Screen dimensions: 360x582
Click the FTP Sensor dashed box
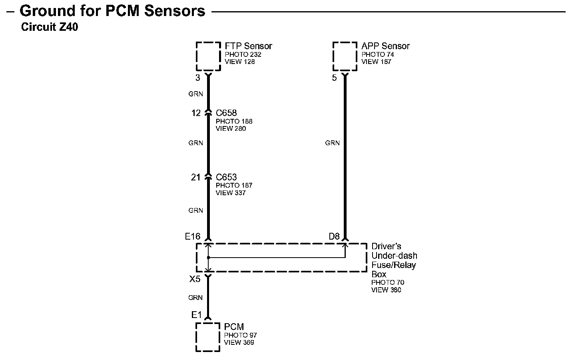208,56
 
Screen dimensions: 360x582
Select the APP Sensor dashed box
345,56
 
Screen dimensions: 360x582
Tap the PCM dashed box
208,337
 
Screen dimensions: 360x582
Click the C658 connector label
226,113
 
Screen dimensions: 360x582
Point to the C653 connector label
226,177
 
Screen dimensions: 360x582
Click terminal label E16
192,237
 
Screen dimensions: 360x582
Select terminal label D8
334,237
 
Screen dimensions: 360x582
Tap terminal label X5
195,279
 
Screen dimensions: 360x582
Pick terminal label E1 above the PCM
196,315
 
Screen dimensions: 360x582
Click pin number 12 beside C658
196,113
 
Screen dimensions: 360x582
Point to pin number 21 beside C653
195,177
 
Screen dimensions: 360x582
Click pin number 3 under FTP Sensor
197,78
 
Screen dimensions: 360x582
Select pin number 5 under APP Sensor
335,78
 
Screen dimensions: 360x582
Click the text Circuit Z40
50,28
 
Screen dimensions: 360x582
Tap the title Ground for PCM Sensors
112,11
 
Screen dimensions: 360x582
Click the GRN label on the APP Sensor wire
332,143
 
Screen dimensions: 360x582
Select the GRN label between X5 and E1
195,298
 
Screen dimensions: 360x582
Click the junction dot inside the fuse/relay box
208,258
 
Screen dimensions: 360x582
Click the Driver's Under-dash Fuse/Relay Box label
394,260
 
